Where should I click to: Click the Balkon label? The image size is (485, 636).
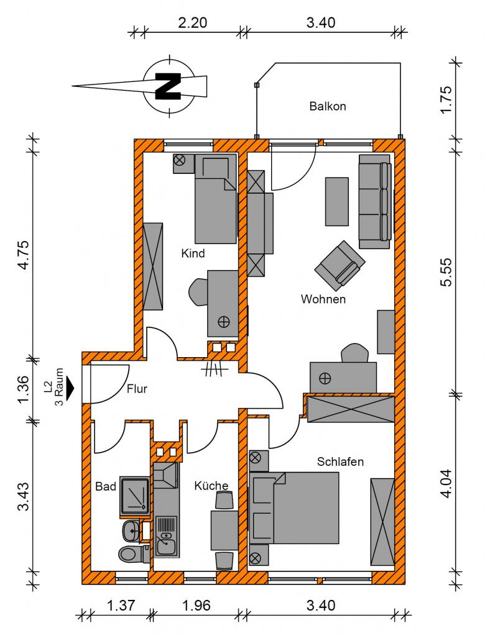tap(328, 106)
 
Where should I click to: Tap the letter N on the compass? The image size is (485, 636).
tap(168, 86)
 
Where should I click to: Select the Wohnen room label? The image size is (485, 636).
tap(323, 299)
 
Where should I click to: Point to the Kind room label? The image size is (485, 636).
tap(193, 253)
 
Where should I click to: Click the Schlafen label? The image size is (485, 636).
tap(340, 461)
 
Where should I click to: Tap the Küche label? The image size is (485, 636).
tap(211, 486)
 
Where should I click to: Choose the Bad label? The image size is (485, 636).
tap(106, 486)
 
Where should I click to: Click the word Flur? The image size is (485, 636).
tap(137, 389)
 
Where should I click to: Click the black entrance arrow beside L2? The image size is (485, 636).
tap(71, 388)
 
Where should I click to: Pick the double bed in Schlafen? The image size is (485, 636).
tap(294, 508)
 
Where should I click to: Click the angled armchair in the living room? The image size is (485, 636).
tap(339, 266)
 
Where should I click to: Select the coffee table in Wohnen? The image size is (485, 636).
tap(337, 202)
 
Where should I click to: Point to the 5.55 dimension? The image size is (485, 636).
tap(446, 272)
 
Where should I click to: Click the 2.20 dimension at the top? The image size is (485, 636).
tap(193, 23)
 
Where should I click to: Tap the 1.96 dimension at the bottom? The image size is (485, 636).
tap(196, 606)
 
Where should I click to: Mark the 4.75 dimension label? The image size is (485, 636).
tap(23, 255)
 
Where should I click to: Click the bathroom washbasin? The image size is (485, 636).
tap(131, 530)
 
